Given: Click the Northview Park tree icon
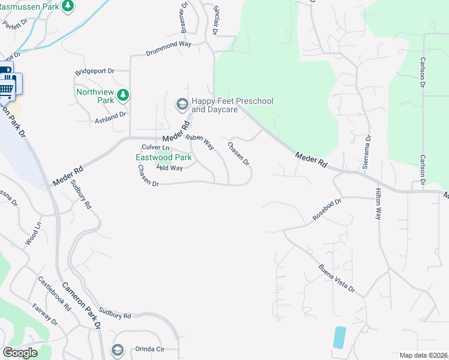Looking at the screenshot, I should tap(123, 94).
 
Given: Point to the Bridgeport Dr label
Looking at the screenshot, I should tap(94, 72).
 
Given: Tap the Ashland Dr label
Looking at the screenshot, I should tap(110, 114).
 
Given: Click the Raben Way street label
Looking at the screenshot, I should tap(200, 142).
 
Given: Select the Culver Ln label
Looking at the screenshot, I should tap(155, 148).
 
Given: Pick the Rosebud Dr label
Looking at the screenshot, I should tap(327, 210).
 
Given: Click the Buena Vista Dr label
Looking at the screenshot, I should tap(337, 279).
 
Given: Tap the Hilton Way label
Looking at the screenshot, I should tap(378, 204).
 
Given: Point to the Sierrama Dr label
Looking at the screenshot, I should tap(368, 153).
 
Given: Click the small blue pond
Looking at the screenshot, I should tap(339, 337).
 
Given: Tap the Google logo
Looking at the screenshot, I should tap(20, 353).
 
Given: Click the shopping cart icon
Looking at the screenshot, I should tap(6, 89).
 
